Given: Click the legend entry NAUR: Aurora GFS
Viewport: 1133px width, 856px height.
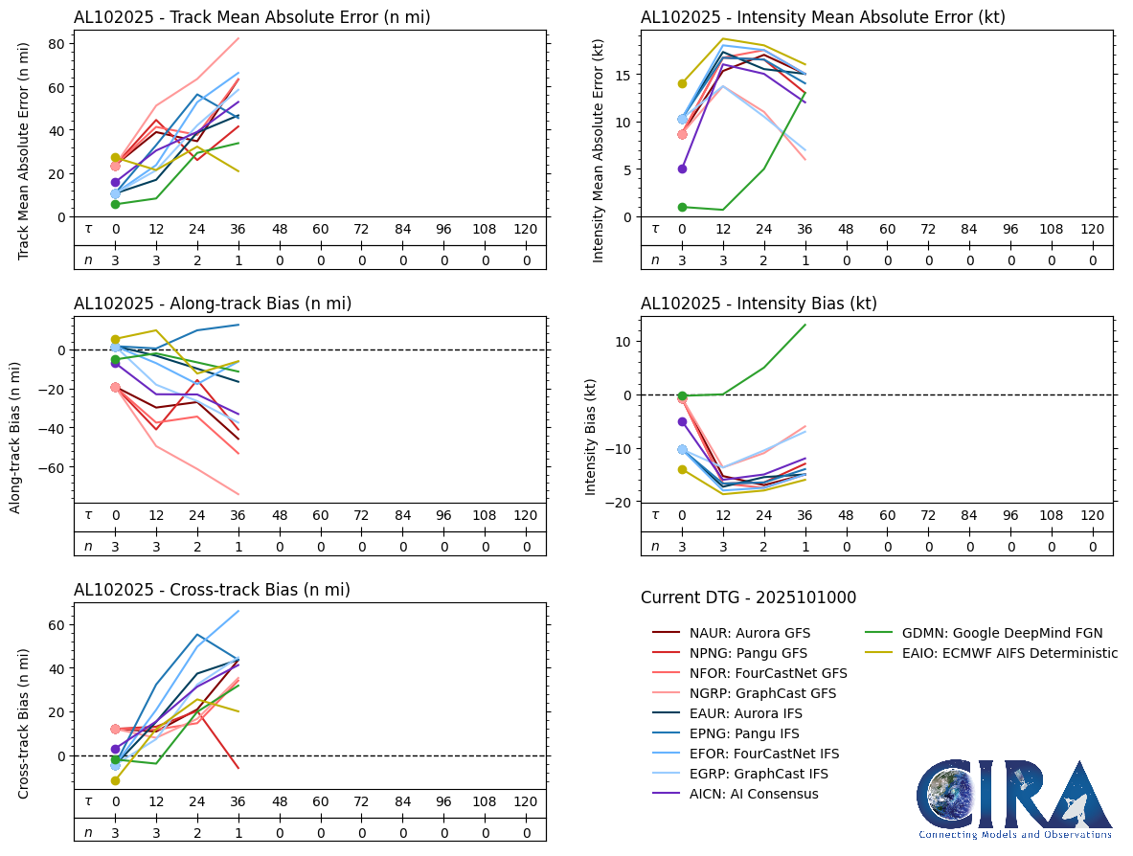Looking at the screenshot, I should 749,633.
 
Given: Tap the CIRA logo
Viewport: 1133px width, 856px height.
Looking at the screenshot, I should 1015,799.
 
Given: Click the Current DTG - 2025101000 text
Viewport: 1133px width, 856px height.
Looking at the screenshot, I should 748,597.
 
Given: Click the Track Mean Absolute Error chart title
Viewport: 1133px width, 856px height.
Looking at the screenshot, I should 252,16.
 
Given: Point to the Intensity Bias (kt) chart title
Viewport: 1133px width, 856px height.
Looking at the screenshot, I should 759,304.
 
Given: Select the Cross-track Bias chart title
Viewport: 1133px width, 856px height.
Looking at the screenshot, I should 212,590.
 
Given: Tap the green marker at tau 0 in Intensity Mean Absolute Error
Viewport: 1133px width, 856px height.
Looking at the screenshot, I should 682,207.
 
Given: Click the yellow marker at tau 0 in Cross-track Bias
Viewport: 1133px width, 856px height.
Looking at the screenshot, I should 115,780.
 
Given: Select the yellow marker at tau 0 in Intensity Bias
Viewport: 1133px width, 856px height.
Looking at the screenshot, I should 682,469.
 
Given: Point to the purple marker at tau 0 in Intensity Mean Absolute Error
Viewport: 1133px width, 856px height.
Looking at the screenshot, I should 682,169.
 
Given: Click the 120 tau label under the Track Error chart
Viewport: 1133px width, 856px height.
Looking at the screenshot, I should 525,230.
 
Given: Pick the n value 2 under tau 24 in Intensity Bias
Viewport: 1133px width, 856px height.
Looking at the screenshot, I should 764,546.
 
